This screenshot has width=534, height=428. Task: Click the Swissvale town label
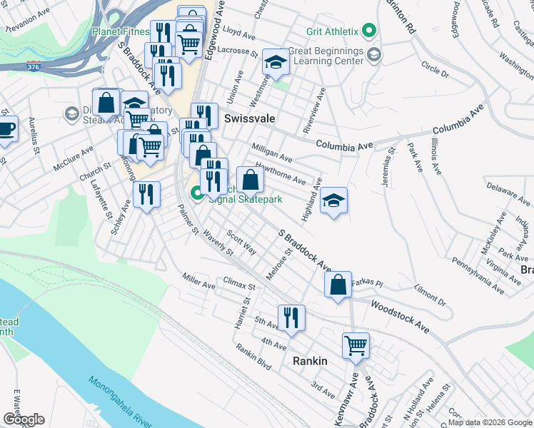click(x=251, y=118)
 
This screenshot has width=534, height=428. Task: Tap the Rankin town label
click(x=310, y=361)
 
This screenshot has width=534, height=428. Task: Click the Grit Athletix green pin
click(x=368, y=31)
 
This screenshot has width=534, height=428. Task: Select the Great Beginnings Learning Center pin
click(x=373, y=55)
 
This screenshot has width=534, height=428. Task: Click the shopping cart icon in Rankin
click(x=356, y=346)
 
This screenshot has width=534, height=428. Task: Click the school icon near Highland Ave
click(x=333, y=201)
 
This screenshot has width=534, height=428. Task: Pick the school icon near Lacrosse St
click(x=275, y=63)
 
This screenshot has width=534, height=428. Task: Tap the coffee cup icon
click(x=6, y=130)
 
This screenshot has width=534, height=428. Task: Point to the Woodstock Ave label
click(x=399, y=316)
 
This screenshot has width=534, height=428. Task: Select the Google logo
click(x=24, y=419)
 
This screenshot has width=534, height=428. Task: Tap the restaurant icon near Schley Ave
click(x=146, y=194)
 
